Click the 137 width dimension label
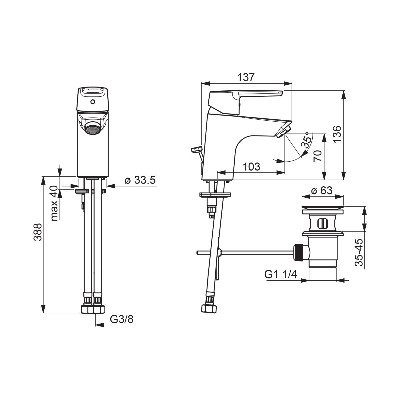tap(246, 77)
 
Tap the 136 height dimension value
tap(337, 134)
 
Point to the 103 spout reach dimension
tap(252, 167)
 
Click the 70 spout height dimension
tap(318, 156)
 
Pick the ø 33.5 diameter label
tap(140, 180)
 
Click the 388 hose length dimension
tap(38, 232)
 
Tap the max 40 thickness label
tap(54, 203)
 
